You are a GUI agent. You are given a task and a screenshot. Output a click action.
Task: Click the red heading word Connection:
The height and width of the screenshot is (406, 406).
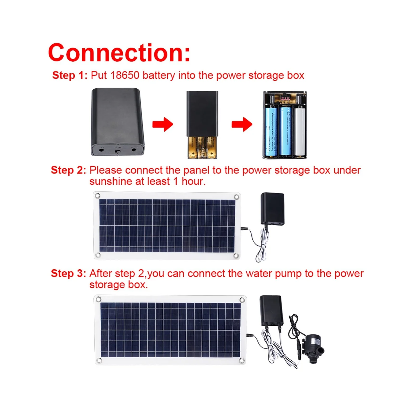[x=119, y=52]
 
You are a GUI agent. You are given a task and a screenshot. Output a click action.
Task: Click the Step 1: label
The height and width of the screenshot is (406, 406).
[x=69, y=75]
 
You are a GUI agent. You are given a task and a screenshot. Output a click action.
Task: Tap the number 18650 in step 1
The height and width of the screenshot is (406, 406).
[x=125, y=75]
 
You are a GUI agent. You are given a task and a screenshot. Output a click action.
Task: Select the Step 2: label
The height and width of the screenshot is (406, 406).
[x=68, y=170]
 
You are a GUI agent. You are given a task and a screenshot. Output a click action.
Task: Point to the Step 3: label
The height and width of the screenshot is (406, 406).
[x=68, y=273]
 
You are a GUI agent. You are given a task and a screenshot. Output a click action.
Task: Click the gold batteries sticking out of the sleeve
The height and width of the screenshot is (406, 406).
[x=202, y=148]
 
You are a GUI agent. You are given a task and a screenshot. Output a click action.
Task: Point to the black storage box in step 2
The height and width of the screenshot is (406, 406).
[x=272, y=208]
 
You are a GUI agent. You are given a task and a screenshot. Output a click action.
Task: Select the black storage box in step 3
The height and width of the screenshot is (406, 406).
[x=271, y=311]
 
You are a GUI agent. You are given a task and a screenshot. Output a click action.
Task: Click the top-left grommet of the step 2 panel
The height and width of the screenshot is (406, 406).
[x=97, y=196]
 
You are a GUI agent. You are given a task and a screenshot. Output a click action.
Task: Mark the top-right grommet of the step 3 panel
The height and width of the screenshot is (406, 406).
[x=242, y=300]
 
